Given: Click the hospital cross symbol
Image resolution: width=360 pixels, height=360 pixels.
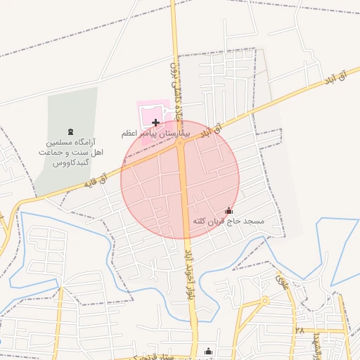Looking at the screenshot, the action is click(155, 122).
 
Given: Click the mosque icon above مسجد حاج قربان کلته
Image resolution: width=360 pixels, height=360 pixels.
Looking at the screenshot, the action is click(228, 210).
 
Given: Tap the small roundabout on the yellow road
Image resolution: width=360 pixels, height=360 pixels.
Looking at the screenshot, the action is click(265, 301).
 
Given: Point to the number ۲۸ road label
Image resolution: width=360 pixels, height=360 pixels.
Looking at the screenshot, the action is click(299, 330).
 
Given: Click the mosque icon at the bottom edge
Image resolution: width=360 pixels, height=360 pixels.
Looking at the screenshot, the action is click(207, 352).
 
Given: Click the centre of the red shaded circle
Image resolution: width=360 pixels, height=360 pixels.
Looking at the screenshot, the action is click(180, 179).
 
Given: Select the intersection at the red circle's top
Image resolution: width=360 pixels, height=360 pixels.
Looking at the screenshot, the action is click(180, 142).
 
